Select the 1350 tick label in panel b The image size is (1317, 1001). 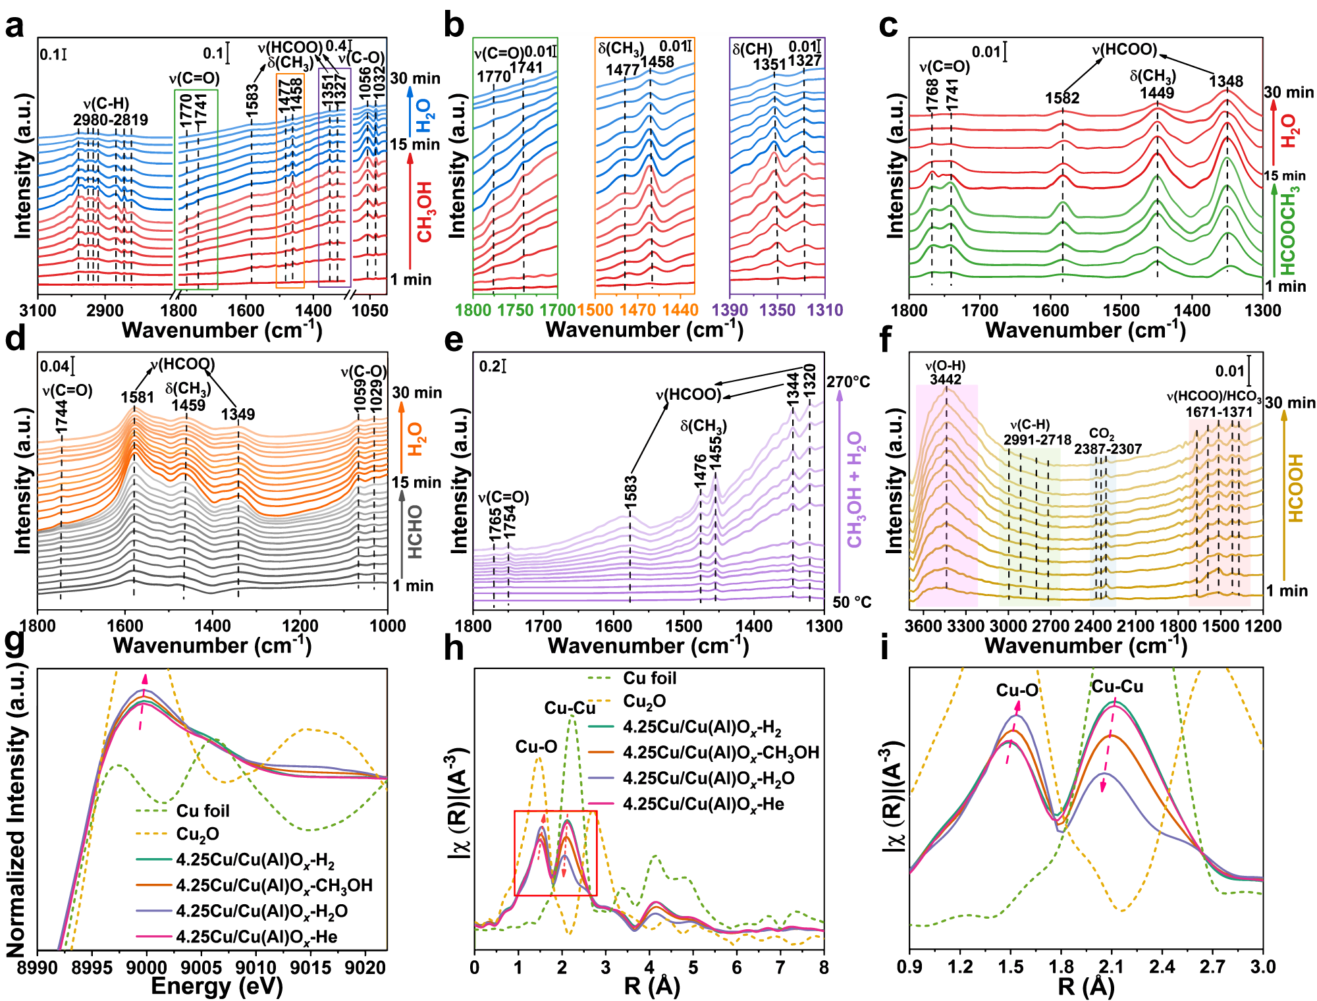tap(777, 310)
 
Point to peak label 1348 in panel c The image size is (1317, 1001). tap(1226, 81)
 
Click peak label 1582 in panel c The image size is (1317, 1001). tap(1062, 98)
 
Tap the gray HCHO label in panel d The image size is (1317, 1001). tap(415, 532)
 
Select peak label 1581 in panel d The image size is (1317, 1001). tap(137, 397)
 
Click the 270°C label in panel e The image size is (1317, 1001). tap(848, 382)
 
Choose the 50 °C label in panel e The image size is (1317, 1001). tap(851, 602)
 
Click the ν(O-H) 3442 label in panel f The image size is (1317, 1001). tap(945, 373)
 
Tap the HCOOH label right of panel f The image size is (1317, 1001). tap(1295, 488)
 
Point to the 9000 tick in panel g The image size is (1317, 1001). tap(146, 967)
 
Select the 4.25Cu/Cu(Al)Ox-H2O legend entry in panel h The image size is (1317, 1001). tap(709, 778)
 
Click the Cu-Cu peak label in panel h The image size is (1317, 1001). tap(570, 708)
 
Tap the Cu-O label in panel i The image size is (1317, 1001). tap(1017, 690)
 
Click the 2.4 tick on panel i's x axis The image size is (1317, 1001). tap(1162, 967)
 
